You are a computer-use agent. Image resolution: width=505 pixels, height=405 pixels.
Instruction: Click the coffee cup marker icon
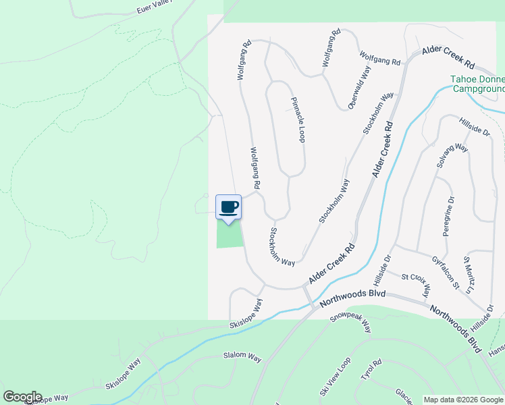coord(228,207)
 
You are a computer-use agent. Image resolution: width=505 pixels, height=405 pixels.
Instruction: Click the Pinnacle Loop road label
coord(298,120)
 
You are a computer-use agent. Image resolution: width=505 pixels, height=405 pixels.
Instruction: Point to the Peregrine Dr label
coord(449,217)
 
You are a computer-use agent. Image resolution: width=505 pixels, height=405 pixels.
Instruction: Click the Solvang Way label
coord(452,156)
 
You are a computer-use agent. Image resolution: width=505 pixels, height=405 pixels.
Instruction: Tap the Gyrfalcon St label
coord(446,273)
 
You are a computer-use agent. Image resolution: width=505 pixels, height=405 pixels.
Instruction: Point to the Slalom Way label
coord(242,356)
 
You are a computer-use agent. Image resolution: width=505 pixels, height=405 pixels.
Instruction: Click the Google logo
coord(22,397)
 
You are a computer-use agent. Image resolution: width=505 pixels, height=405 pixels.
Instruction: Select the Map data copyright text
coord(463,400)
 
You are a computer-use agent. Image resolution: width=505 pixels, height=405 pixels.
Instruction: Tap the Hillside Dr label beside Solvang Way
coord(474,126)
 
